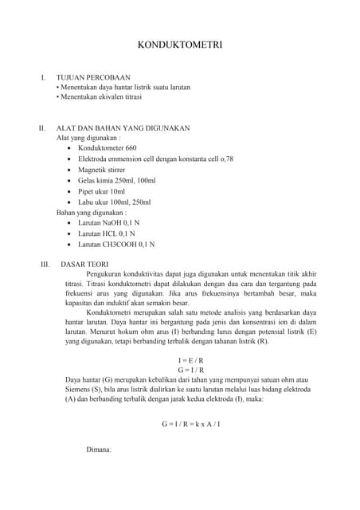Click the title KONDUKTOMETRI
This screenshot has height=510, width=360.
[x=179, y=46]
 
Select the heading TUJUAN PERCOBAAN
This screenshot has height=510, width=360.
[x=92, y=77]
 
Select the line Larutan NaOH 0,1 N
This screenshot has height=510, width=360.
[x=112, y=224]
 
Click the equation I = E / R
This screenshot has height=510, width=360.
[x=191, y=359]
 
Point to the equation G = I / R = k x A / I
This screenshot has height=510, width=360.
[x=191, y=423]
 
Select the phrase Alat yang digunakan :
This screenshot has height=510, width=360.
[x=88, y=137]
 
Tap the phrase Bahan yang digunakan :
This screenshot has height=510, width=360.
[x=91, y=213]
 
